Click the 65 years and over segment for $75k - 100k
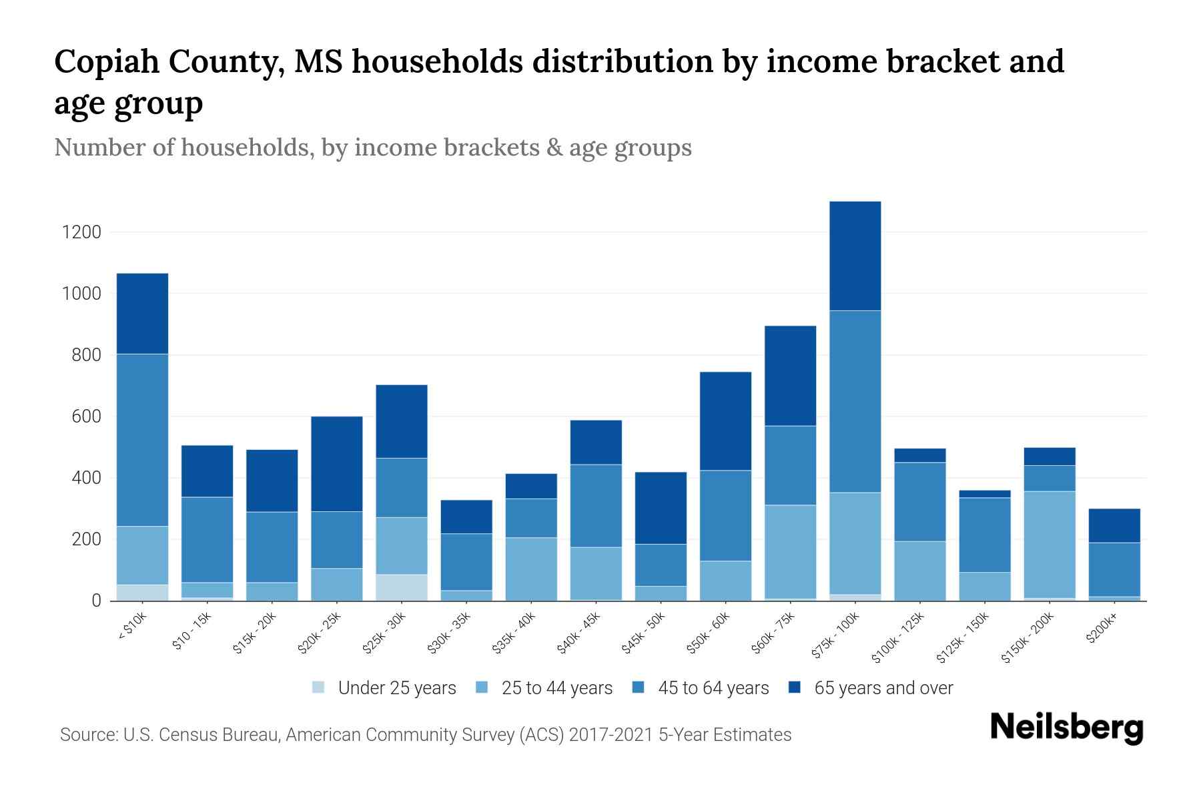tap(855, 256)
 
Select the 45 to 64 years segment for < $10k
tap(142, 440)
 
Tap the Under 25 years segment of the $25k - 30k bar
tap(402, 587)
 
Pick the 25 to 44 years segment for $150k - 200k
tap(1050, 545)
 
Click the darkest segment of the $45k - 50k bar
tap(661, 508)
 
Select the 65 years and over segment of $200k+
tap(1114, 525)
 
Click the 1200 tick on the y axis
tap(81, 232)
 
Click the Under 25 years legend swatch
tap(319, 687)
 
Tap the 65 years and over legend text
tap(883, 688)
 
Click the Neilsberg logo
tap(1066, 727)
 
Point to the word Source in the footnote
tap(87, 735)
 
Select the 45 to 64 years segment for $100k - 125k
tap(919, 502)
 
